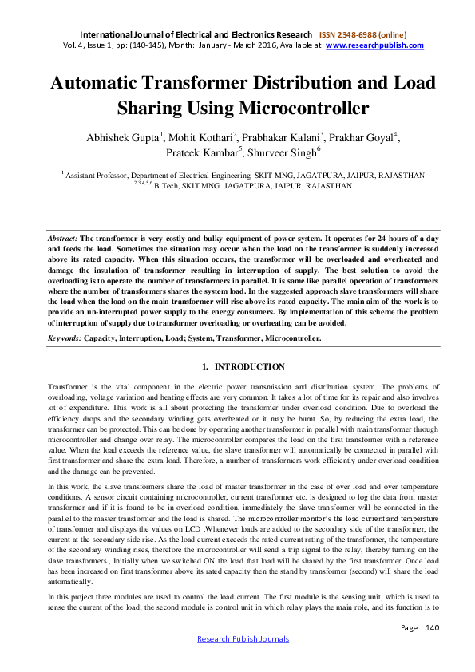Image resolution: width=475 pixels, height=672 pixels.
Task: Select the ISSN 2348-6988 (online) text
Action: pos(362,34)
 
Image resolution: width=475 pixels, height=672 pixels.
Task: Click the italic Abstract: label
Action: pos(61,239)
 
